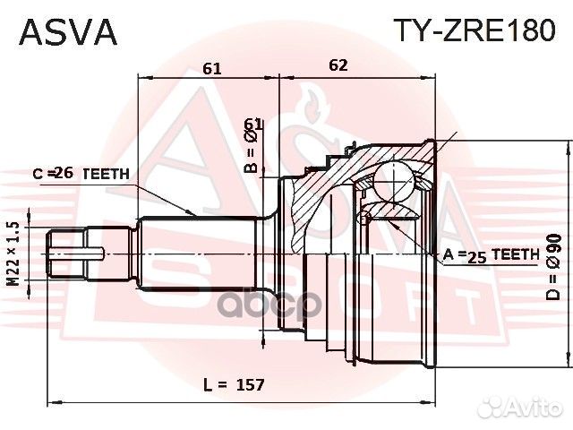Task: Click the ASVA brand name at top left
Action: pos(68,31)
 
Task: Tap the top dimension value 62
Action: pos(338,64)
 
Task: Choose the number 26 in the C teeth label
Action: pos(64,173)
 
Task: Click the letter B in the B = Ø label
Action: pos(252,167)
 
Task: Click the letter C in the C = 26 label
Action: pos(38,173)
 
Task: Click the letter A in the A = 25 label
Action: pos(448,255)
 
